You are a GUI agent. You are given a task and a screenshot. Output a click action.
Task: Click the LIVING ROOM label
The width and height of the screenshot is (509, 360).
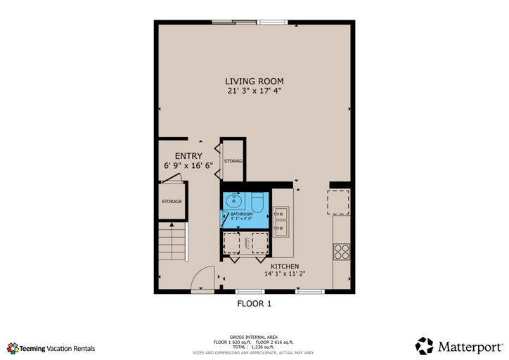[x=254, y=81]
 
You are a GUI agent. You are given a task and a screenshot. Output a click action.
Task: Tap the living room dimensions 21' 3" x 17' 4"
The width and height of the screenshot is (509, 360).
[x=254, y=91]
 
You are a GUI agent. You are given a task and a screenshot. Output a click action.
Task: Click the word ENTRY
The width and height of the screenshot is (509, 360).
[x=188, y=156]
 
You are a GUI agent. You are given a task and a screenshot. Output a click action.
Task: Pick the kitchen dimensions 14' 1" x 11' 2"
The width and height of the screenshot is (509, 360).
[x=285, y=274]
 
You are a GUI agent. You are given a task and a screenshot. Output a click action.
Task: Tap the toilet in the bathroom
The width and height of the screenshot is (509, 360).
[x=257, y=203]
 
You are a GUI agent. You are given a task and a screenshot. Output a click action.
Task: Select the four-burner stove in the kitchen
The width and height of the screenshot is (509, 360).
[x=342, y=252]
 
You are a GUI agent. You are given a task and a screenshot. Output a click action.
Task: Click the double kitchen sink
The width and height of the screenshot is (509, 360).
[x=281, y=220]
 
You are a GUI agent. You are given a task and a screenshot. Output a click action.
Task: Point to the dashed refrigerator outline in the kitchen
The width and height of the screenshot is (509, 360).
[x=339, y=202]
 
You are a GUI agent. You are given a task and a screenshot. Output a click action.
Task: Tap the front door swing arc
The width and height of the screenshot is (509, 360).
[x=203, y=278]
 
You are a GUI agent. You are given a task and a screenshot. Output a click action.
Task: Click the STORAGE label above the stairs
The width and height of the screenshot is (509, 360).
[x=172, y=202]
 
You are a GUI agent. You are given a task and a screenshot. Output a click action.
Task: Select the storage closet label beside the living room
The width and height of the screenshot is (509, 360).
[x=233, y=161]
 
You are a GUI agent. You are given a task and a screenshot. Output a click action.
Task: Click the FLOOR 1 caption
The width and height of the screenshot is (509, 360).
[x=254, y=304]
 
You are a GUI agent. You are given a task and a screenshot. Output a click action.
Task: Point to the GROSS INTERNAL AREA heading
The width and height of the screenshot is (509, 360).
[x=254, y=337]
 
